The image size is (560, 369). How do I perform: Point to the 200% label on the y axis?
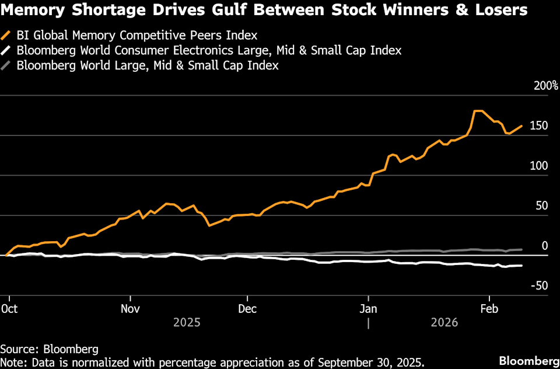546,86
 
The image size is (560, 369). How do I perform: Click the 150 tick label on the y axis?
540,126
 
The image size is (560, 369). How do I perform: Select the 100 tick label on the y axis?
540,166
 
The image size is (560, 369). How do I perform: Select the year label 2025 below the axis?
187,322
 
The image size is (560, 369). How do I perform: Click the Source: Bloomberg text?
49,349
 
